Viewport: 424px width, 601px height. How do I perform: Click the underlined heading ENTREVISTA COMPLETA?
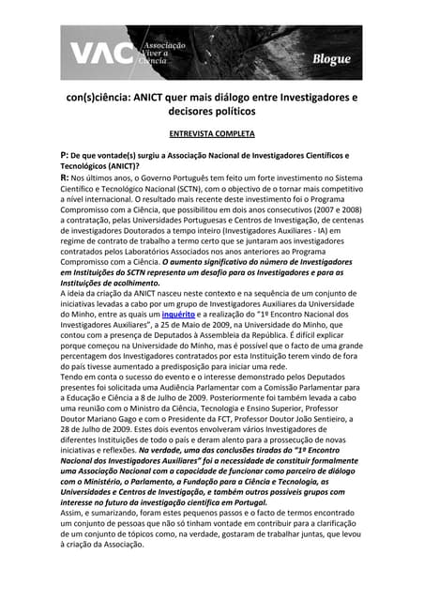click(211, 133)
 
